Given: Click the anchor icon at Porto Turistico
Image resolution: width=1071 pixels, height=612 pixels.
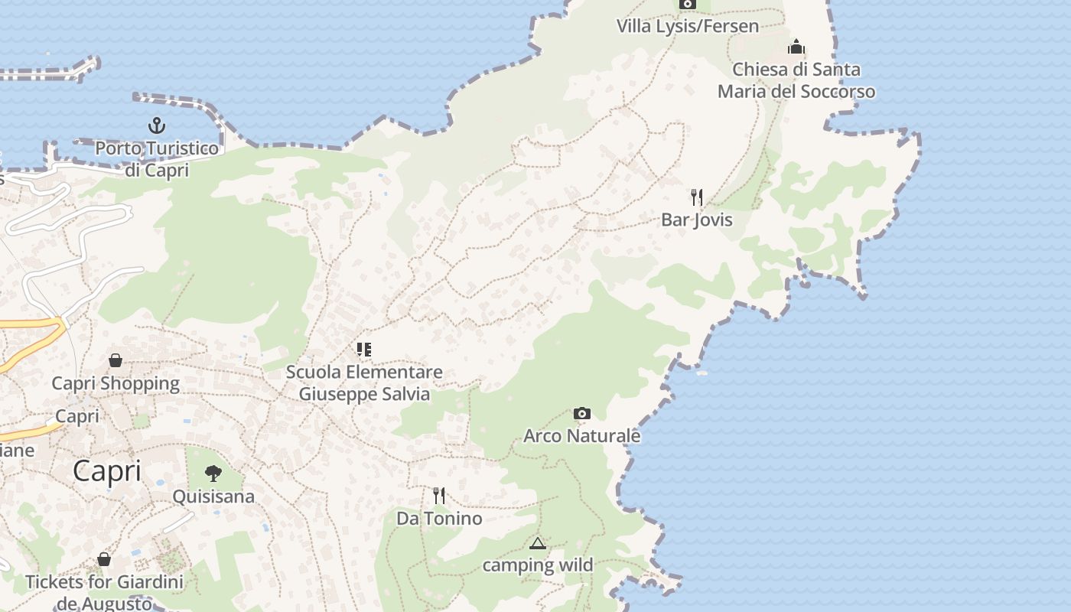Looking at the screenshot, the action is (x=156, y=125).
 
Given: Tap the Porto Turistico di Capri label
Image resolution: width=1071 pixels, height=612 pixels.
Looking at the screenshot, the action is (x=157, y=158).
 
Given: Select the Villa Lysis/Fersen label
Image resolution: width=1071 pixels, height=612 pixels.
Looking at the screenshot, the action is (x=688, y=26).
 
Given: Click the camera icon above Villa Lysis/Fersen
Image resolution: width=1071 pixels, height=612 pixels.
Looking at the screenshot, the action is (x=688, y=4).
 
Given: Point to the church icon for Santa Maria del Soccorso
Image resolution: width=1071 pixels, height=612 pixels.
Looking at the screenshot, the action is (x=796, y=47).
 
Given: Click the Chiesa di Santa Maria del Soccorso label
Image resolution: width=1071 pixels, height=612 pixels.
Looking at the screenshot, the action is (x=796, y=80).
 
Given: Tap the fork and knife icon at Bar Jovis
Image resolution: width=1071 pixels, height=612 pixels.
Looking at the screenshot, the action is (x=696, y=197).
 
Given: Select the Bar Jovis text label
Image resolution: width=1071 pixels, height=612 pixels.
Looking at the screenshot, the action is (x=696, y=220).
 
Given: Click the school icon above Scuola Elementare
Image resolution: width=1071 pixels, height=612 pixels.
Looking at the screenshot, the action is (x=363, y=350).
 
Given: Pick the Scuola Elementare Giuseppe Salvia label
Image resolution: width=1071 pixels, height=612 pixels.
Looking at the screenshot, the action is (x=364, y=383).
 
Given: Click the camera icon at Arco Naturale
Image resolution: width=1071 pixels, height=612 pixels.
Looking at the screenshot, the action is (x=581, y=414).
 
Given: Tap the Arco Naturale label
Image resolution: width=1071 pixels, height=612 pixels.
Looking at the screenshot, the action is (x=581, y=436).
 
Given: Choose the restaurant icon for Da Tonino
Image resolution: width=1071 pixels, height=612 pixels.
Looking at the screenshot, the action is (x=439, y=496).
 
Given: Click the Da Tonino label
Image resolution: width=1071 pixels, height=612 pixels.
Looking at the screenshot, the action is (x=439, y=519).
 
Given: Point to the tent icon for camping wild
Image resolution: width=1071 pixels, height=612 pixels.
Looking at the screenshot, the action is (x=537, y=544).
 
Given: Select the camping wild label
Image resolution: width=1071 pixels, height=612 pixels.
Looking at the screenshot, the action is (x=537, y=565).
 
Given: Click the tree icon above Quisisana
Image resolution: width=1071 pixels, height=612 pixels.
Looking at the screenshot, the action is (x=213, y=474).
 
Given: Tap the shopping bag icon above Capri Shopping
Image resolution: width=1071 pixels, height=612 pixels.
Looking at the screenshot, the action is (x=116, y=360).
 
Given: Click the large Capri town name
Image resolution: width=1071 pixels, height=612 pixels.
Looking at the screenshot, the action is (x=107, y=471).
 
